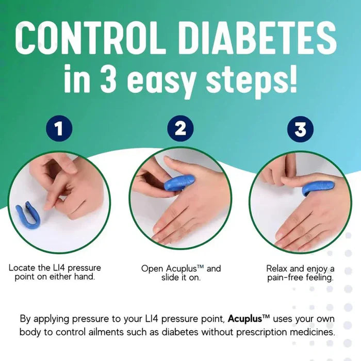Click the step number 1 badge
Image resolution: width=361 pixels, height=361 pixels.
(x=60, y=128)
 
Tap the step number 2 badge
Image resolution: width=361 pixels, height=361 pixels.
(x=180, y=128)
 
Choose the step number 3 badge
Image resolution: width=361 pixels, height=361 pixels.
(x=300, y=128)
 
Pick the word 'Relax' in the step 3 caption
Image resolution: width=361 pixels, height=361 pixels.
(x=277, y=268)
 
